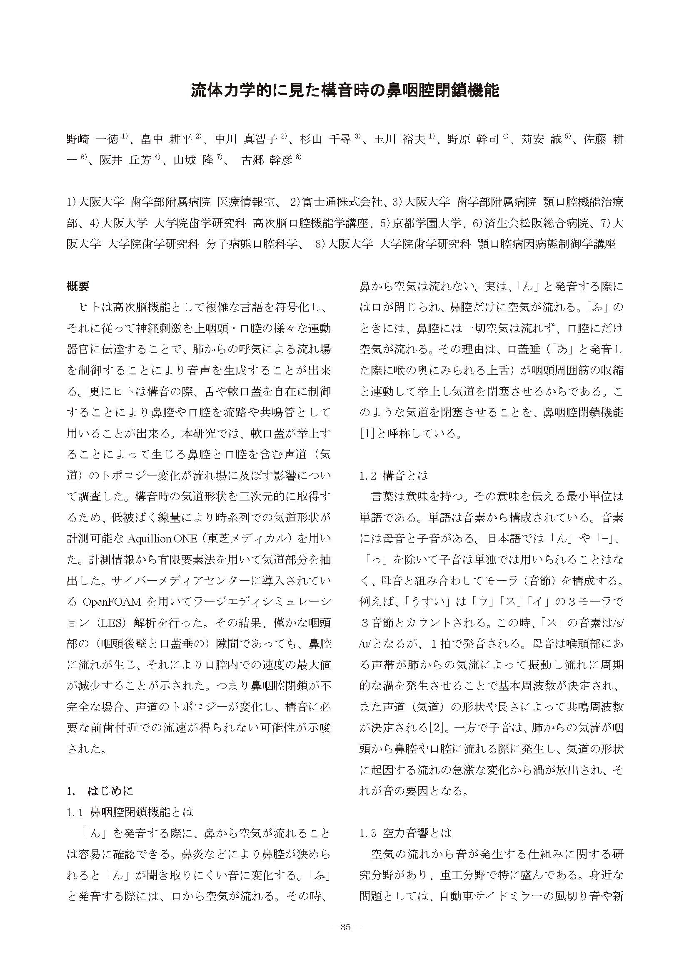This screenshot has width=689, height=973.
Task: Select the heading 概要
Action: (x=78, y=287)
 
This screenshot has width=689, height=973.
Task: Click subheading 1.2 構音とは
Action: (x=394, y=475)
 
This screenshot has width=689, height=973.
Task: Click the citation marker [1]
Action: (x=367, y=433)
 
